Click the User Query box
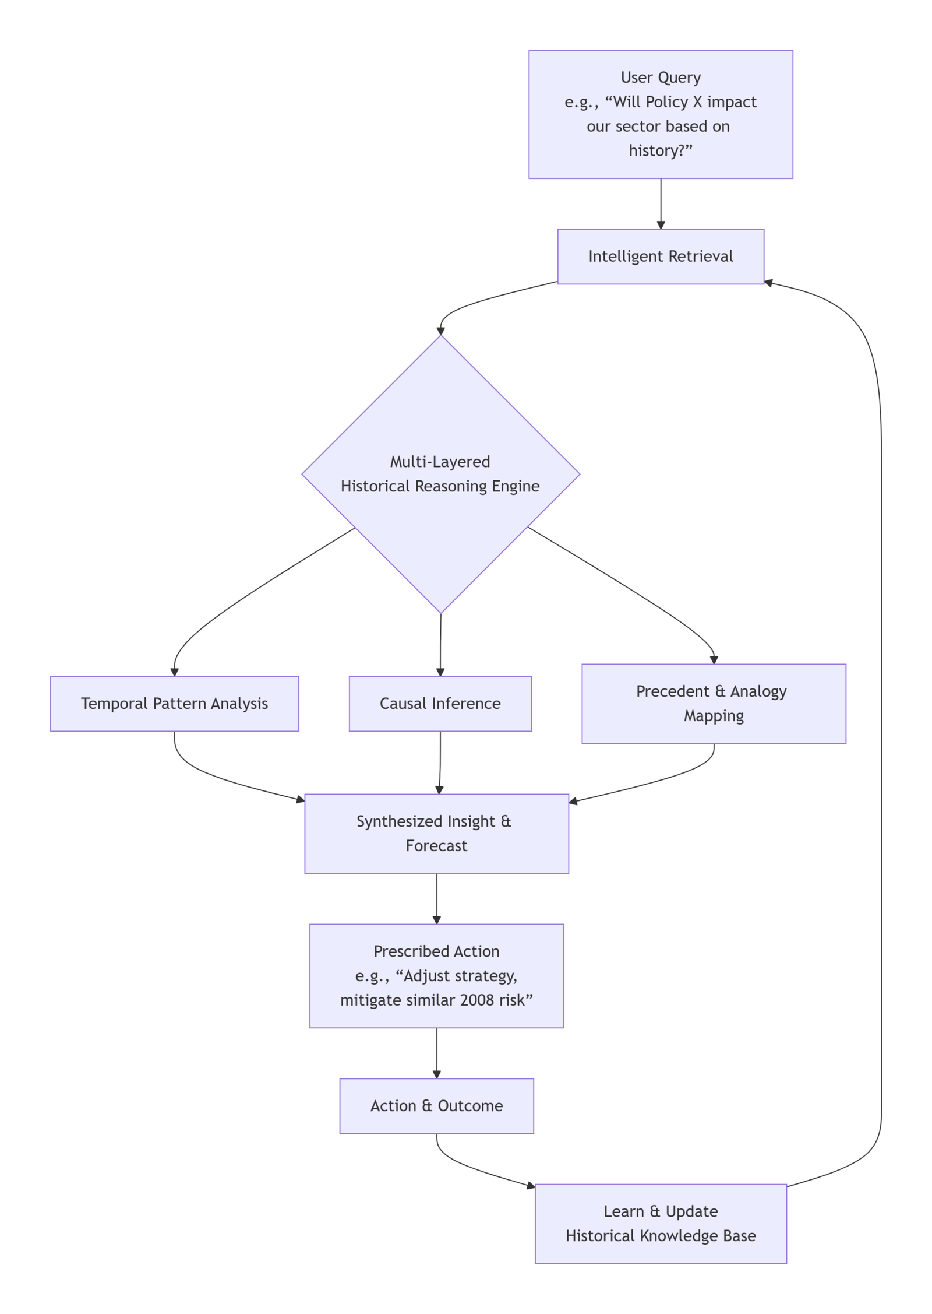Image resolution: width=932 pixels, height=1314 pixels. pos(660,114)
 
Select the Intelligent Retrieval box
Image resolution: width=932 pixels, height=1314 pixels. pos(660,257)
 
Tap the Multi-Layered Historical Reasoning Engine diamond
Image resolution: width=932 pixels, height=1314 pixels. pos(440,473)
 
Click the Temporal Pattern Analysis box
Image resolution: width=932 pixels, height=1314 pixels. pos(174,703)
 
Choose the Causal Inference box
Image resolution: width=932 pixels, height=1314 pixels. pos(440,703)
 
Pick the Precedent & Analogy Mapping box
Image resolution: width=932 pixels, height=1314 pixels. pos(713,703)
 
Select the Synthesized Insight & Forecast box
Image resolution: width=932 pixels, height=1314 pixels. pos(436,833)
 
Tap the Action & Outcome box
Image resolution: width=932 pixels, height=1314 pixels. pos(436,1105)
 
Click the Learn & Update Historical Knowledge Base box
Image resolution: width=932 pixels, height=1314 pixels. pos(660,1223)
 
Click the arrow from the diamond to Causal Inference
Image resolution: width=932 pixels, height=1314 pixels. pos(440,644)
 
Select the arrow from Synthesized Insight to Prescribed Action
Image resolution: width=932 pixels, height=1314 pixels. pos(436,898)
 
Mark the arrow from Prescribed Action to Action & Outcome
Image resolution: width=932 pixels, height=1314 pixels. pos(436,1052)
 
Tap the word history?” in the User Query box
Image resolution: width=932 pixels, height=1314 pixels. pos(660,151)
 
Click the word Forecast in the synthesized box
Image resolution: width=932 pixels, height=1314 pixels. pos(436,846)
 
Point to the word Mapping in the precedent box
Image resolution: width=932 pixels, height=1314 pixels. pos(713,716)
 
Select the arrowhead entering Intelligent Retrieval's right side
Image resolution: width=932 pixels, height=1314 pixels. pos(768,283)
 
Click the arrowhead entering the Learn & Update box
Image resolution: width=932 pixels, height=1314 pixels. pos(530,1186)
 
